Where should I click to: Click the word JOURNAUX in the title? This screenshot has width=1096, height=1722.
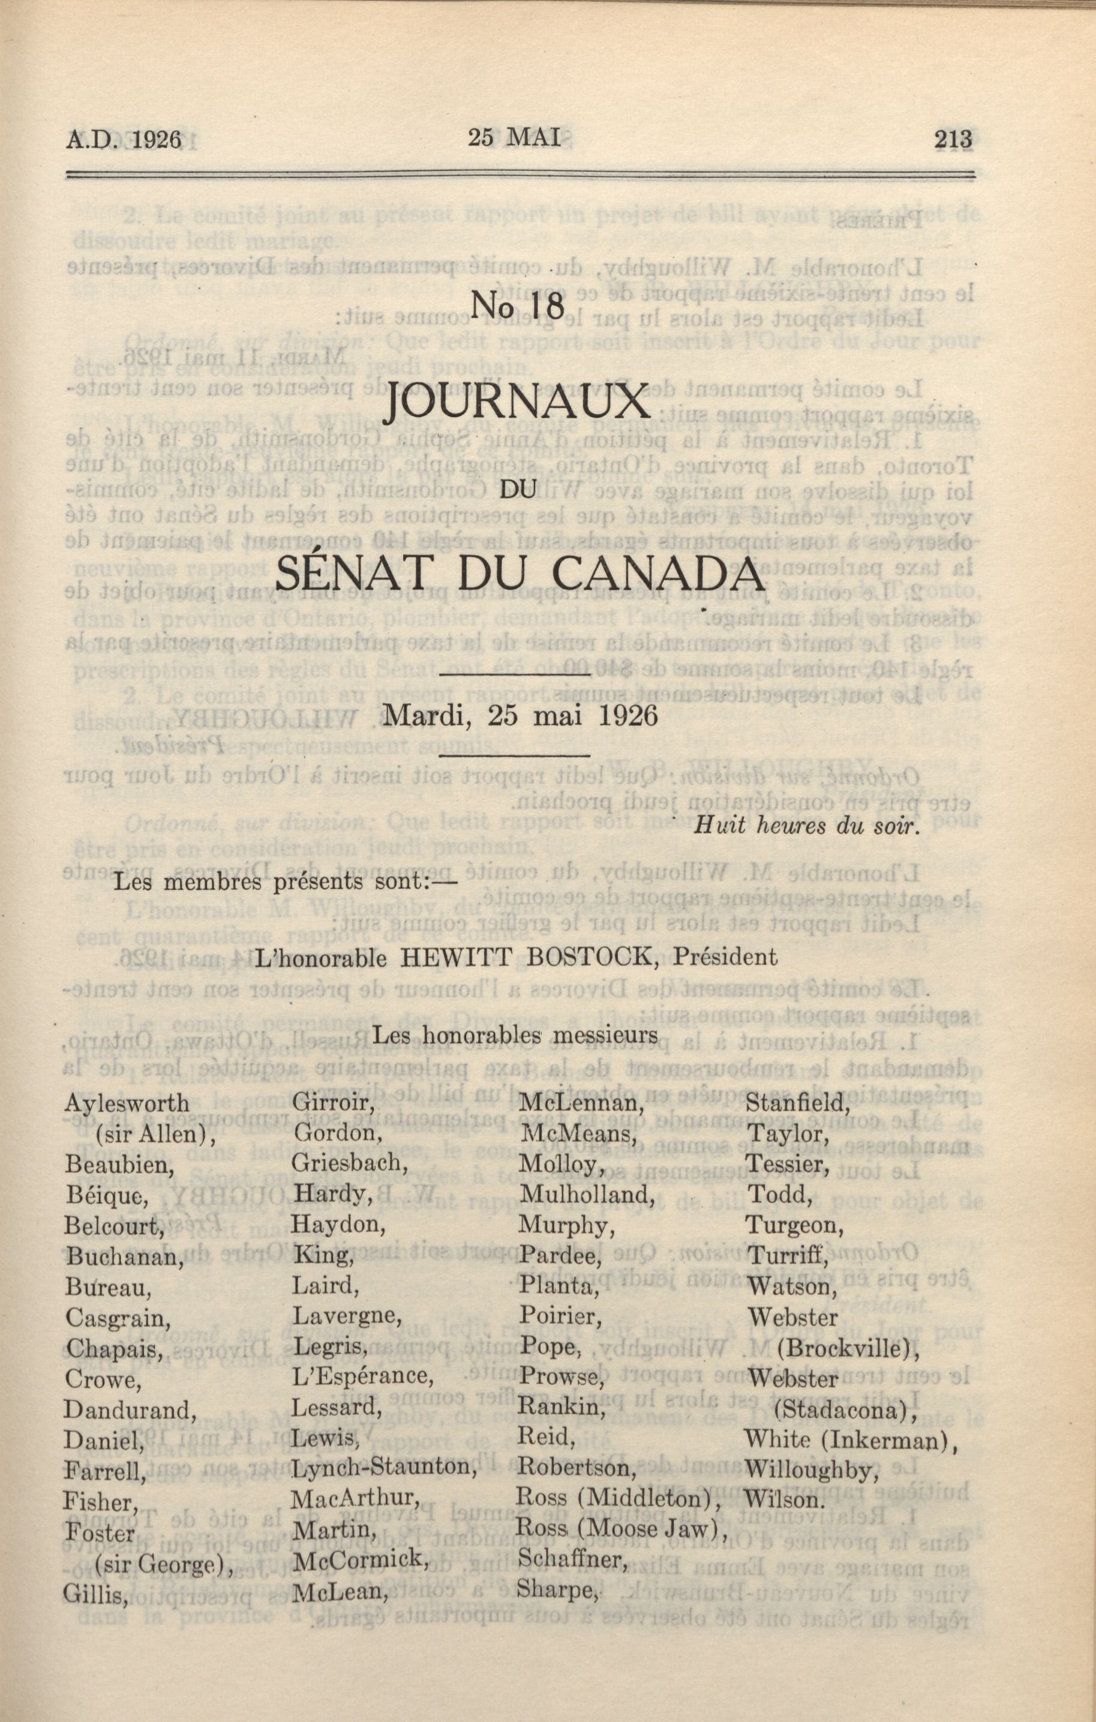coord(518,403)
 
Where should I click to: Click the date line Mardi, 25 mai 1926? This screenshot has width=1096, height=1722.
coord(520,716)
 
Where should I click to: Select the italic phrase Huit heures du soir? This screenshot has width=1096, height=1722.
coord(804,827)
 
